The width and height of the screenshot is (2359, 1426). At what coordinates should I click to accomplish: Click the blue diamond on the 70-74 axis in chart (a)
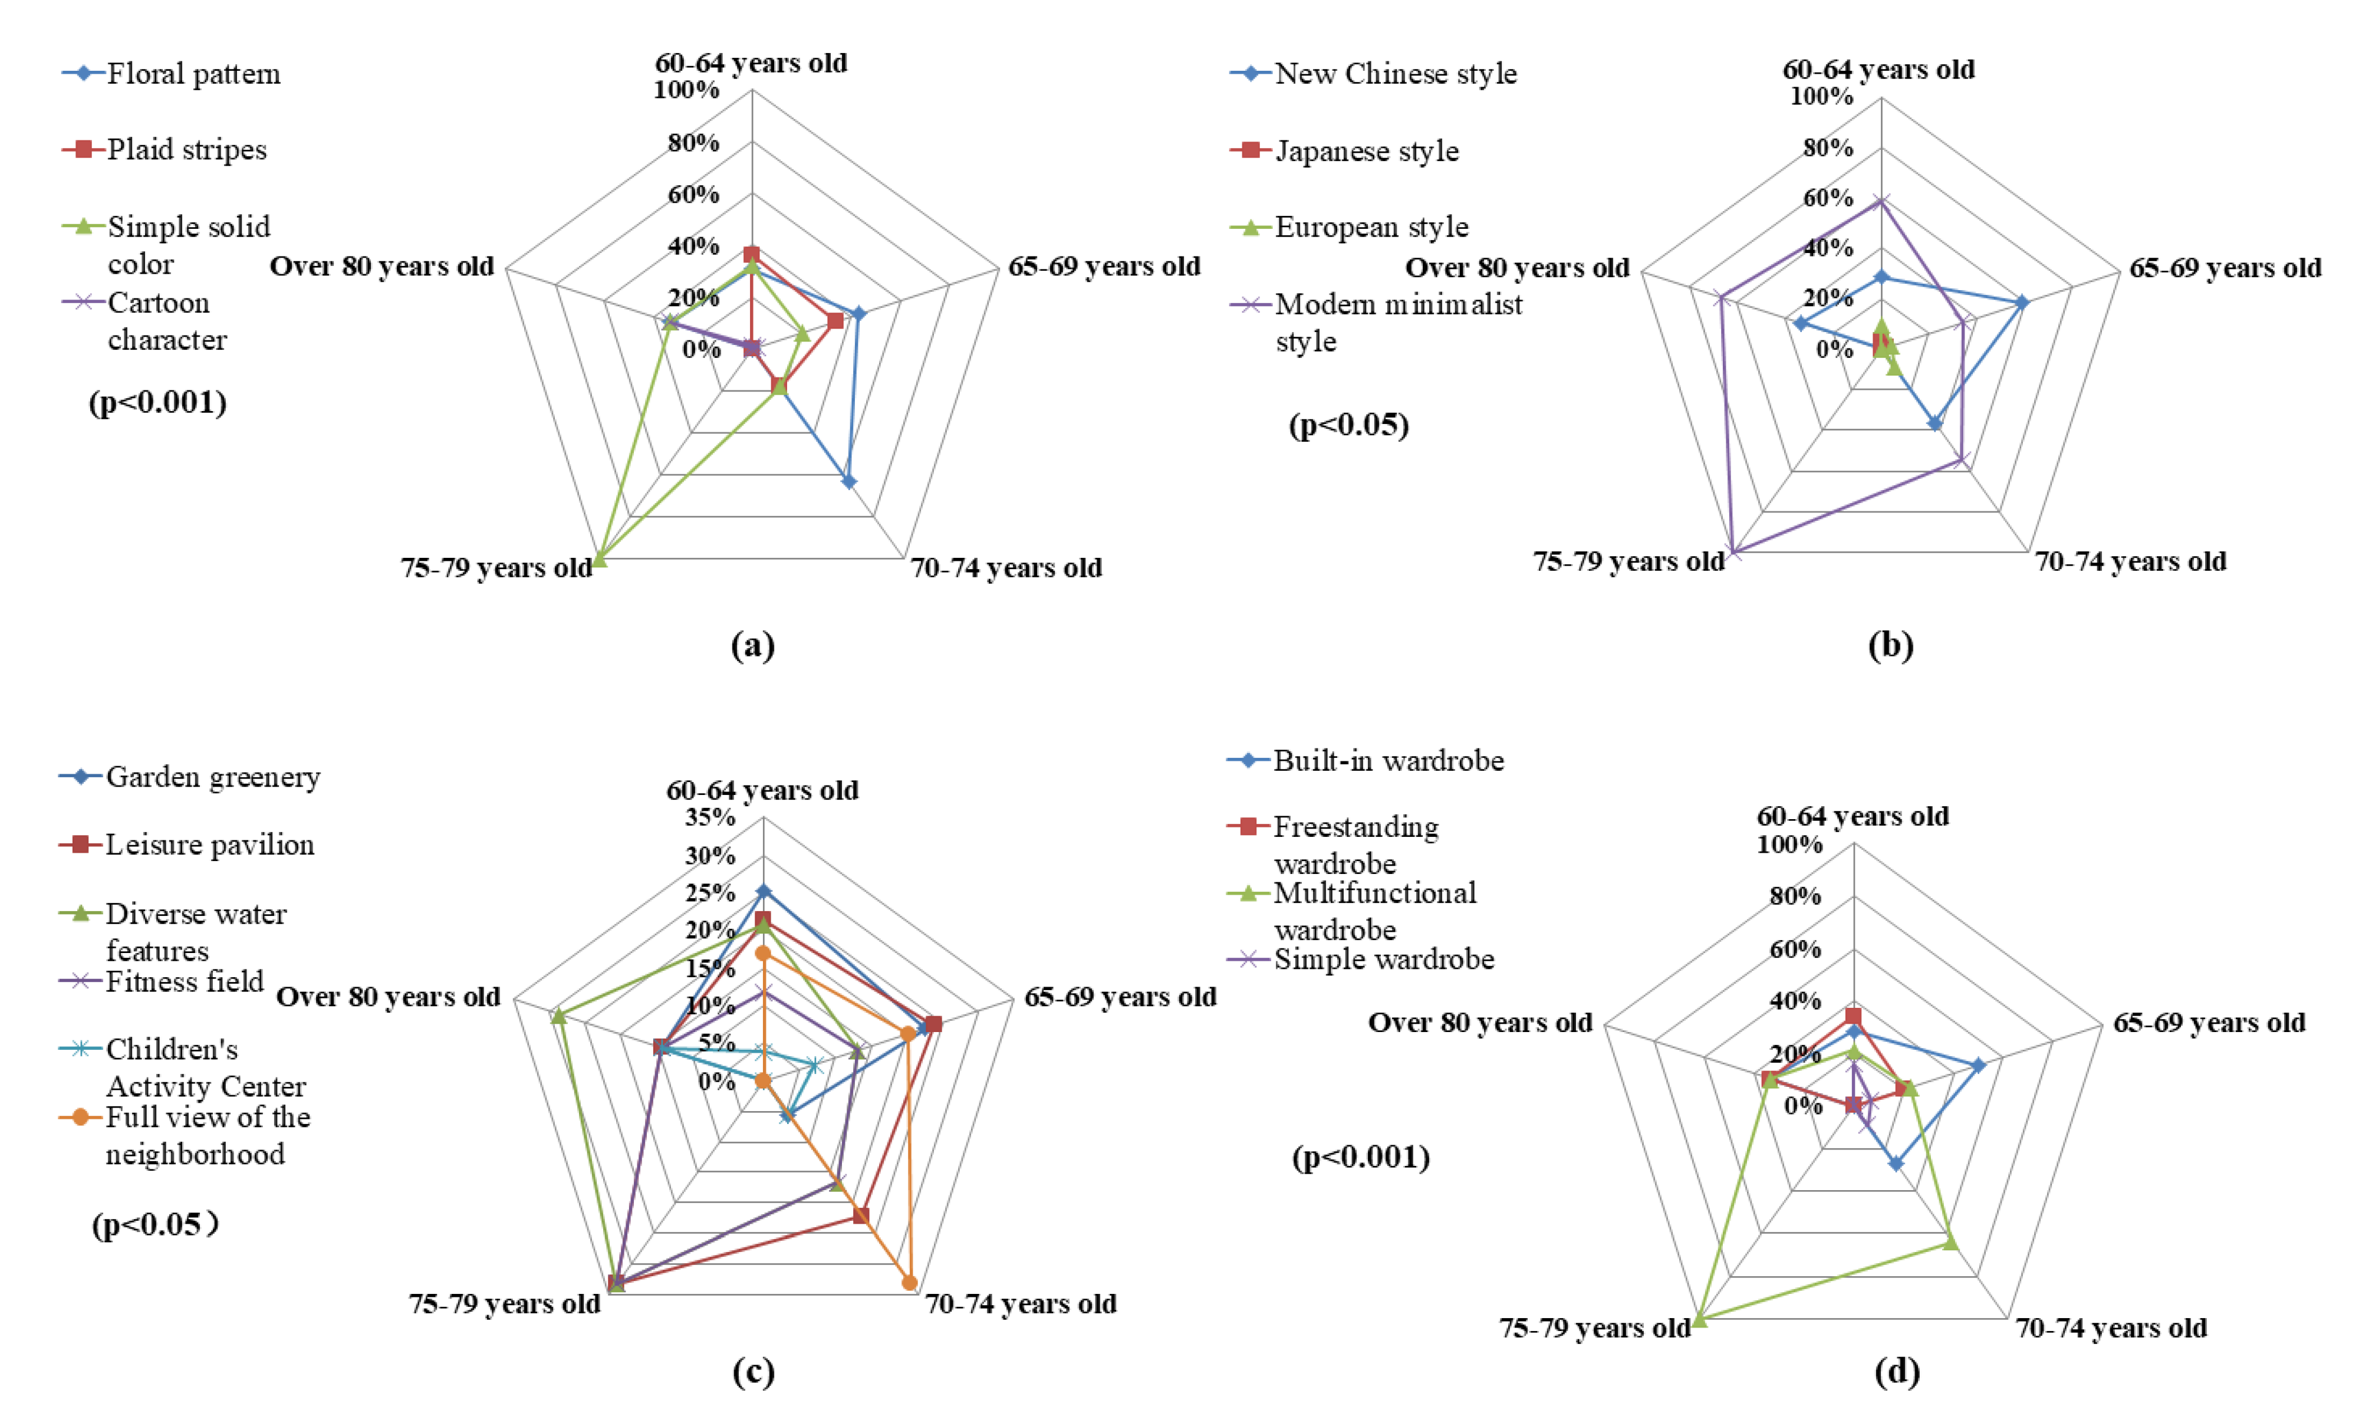tap(848, 482)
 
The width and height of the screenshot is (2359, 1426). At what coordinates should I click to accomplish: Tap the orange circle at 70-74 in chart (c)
tap(910, 1282)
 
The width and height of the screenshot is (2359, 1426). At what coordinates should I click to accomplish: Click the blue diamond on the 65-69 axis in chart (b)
tap(2022, 303)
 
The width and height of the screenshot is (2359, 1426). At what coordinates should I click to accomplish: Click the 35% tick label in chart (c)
tap(709, 817)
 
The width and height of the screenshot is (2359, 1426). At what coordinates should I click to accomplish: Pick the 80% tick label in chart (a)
tap(693, 143)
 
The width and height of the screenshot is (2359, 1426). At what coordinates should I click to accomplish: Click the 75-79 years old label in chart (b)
tap(1628, 561)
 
